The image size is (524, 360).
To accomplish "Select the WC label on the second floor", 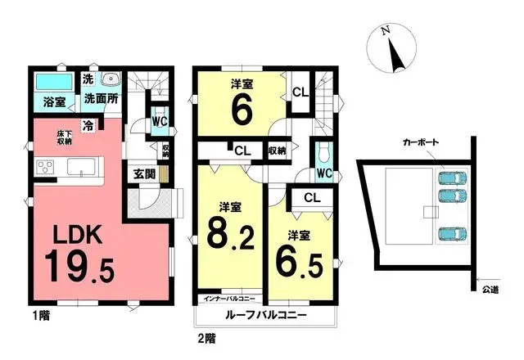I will pyautogui.click(x=324, y=173).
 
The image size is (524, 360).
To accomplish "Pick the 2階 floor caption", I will pyautogui.click(x=207, y=336).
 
